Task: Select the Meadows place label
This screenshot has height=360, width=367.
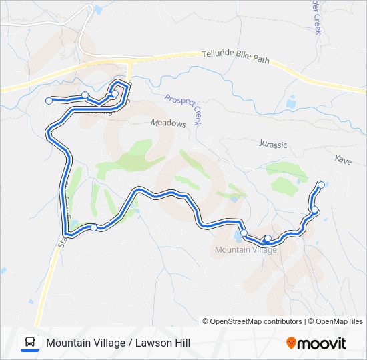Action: point(168,123)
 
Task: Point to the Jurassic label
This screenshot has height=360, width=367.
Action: point(272,144)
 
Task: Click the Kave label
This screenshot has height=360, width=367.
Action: point(343,160)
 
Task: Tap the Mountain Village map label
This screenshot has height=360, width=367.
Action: point(246,250)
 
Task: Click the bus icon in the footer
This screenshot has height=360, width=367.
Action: point(30,343)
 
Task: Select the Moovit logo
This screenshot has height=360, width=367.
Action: point(316,343)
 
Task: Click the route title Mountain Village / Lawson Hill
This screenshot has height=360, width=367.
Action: point(118,343)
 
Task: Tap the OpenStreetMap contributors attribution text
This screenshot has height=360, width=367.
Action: point(256,321)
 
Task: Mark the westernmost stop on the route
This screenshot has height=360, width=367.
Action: point(49,101)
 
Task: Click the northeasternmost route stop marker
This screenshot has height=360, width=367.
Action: point(321,185)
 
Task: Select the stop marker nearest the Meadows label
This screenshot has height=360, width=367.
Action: point(115,94)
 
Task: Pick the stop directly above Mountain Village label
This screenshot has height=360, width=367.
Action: point(244,233)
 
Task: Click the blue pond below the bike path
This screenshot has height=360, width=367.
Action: point(290,103)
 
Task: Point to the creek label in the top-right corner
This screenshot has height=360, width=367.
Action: point(317,17)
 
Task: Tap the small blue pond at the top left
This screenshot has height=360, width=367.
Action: point(99,10)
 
